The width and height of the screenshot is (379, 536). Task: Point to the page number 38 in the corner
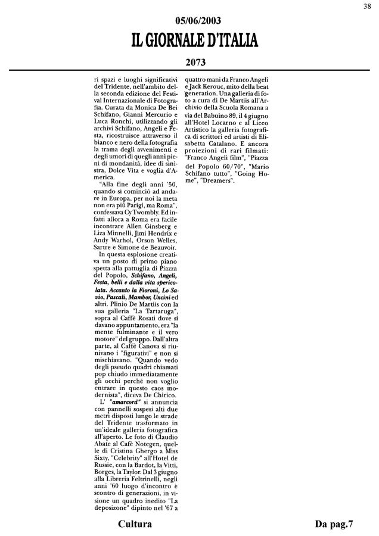coord(369,7)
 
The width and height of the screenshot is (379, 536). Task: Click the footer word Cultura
coord(135,524)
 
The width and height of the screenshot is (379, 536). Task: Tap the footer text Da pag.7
coord(334,524)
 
